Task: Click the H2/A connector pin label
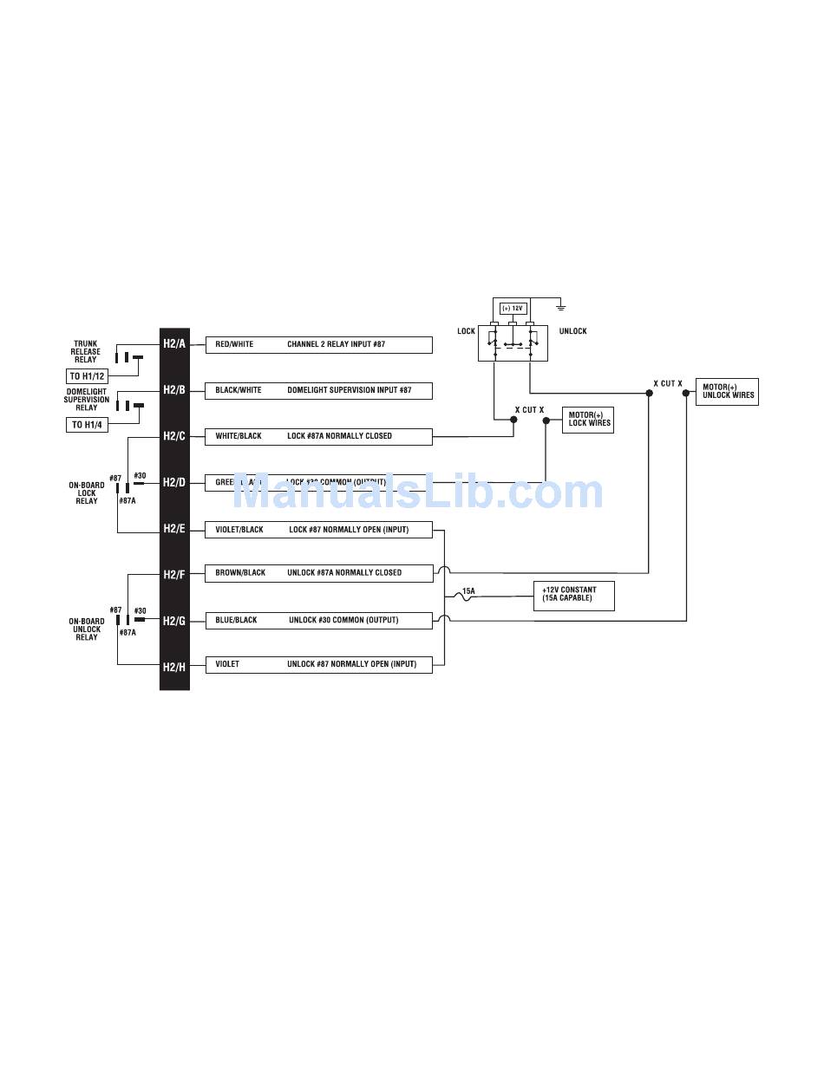point(174,344)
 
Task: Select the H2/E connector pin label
point(174,529)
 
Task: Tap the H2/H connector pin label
point(174,667)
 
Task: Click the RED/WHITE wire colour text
point(234,344)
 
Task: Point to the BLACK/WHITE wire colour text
point(239,390)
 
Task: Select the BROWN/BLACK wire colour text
point(240,573)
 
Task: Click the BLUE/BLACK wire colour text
point(236,621)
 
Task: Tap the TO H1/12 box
point(88,376)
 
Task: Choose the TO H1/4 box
point(88,425)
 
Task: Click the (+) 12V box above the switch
point(513,309)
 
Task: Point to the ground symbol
point(561,307)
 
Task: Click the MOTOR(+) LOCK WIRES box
point(589,420)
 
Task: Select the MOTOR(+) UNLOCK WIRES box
point(728,392)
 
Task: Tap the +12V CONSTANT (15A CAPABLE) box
point(573,595)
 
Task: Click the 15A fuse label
point(468,591)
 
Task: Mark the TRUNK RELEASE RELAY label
point(86,351)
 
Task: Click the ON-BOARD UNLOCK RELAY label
point(87,629)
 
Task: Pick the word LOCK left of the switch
point(467,331)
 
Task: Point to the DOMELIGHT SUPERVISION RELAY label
point(87,400)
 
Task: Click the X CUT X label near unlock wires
point(668,383)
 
